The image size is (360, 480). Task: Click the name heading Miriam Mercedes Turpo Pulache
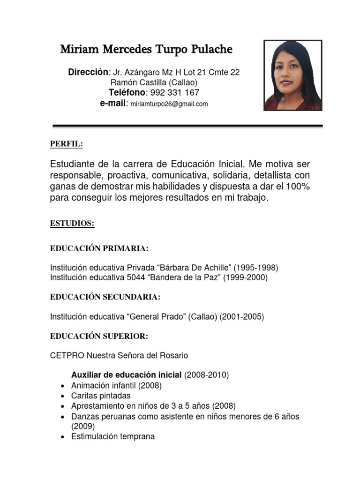coord(146,50)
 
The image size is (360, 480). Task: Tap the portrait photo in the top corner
coord(293,75)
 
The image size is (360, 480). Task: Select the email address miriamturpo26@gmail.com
coord(169,104)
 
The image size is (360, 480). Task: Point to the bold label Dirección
coord(88,72)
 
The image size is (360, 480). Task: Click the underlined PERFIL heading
coord(66,144)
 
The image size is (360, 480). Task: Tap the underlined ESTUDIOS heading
coord(72,224)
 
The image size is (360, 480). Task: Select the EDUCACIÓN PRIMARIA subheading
coord(99,248)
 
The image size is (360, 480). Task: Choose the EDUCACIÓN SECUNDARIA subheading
coord(105,297)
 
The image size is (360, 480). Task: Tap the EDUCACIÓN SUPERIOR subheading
coord(99,337)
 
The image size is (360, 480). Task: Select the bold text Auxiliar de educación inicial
coord(126,375)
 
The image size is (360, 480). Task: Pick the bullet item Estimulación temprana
coord(113,436)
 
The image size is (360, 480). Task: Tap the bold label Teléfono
coord(127,92)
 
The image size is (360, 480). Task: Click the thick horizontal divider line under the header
coord(187,126)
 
